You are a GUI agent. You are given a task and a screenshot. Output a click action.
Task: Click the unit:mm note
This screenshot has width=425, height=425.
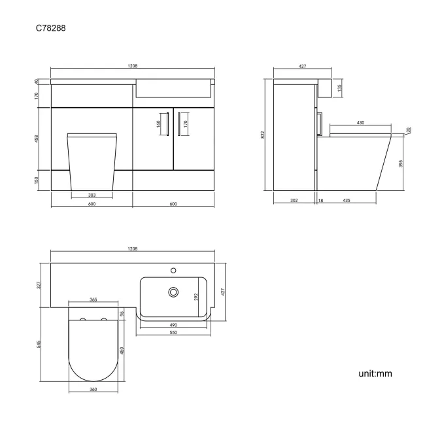375,374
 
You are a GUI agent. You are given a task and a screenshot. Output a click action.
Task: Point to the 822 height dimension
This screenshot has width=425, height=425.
263,135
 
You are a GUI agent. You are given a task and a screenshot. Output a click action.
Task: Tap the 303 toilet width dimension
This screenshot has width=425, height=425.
92,195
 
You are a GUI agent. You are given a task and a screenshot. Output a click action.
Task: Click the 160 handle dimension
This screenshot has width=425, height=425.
159,123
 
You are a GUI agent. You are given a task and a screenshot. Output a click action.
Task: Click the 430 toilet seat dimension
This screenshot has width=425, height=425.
360,123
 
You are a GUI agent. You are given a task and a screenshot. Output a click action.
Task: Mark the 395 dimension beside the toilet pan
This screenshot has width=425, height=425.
400,163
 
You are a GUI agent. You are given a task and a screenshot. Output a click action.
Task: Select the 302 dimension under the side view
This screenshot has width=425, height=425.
294,201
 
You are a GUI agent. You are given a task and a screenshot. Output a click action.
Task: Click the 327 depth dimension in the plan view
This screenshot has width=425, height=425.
39,284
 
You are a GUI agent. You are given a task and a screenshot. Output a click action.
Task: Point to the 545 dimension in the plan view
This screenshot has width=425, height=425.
39,345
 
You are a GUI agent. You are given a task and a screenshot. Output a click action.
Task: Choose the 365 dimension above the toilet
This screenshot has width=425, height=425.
93,299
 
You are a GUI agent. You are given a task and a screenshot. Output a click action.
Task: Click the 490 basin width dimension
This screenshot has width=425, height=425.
173,325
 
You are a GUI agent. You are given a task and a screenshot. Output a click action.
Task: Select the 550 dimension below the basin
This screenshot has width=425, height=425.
173,333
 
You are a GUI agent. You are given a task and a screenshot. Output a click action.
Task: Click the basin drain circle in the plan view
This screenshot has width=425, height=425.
174,292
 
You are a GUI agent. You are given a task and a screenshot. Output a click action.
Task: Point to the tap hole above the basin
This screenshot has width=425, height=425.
174,269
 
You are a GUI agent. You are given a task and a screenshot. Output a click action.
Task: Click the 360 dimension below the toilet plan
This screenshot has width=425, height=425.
93,390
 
